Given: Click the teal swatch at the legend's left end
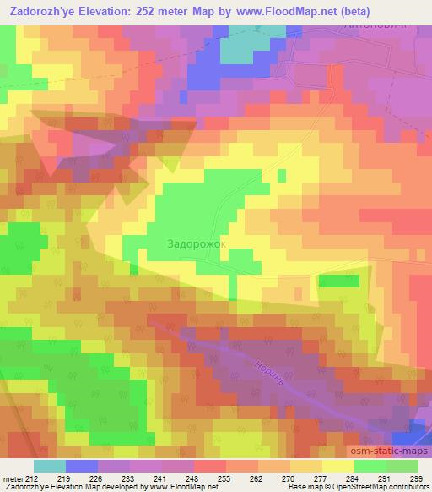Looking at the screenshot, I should point(50,466).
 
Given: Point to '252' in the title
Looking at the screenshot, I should point(137,11).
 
